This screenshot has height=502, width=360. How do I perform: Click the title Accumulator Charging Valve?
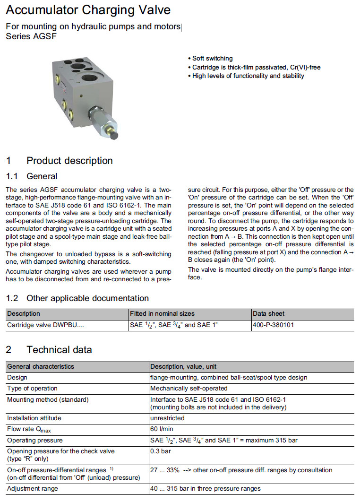[x=88, y=10]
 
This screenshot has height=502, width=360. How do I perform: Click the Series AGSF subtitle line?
[x=31, y=36]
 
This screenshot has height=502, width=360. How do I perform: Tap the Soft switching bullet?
[x=212, y=58]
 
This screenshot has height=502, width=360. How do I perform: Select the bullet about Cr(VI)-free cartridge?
[x=256, y=67]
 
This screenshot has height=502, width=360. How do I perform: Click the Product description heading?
[x=69, y=160]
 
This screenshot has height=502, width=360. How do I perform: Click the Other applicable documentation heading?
[x=87, y=298]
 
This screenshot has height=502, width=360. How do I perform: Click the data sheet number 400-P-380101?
[x=274, y=325]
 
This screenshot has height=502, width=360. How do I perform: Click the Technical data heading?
[x=59, y=350]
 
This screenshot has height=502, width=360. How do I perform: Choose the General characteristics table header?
[x=41, y=366]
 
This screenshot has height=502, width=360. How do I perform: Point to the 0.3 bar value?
[x=160, y=451]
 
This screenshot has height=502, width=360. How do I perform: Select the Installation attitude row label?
[x=34, y=418]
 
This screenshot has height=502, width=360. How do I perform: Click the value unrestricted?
[x=167, y=418]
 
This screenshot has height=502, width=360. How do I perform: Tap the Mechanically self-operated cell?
[x=189, y=388]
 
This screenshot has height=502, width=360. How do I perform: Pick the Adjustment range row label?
[x=33, y=488]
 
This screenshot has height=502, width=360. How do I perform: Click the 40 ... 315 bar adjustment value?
[x=205, y=488]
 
